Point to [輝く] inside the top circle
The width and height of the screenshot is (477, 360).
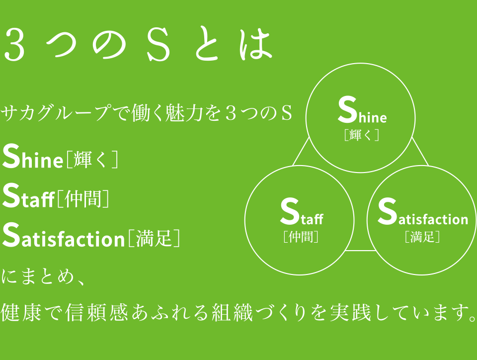(362, 135)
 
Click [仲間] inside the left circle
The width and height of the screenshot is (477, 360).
(301, 236)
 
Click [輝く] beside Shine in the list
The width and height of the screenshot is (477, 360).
(92, 160)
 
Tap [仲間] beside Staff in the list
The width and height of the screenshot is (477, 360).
(83, 199)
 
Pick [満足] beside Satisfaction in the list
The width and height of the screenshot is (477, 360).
(154, 239)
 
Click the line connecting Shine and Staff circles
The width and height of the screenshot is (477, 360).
(301, 152)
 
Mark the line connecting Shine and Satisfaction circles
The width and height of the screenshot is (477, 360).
(420, 151)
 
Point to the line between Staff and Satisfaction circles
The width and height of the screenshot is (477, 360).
(360, 251)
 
